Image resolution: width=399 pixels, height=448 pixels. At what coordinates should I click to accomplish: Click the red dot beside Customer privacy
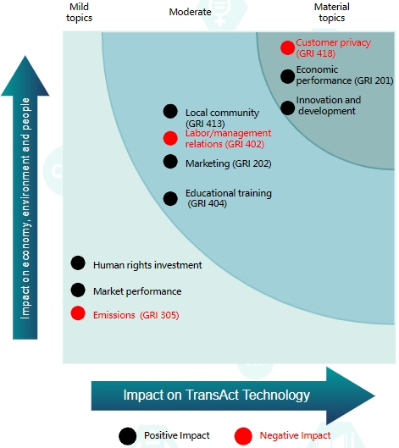287,47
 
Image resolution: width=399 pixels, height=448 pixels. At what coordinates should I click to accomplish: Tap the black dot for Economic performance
287,76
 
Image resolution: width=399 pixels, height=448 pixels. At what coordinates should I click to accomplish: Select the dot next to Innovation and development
287,108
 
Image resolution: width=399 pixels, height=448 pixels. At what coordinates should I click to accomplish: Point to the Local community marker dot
170,111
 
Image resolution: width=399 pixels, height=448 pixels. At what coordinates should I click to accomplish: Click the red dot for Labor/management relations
170,138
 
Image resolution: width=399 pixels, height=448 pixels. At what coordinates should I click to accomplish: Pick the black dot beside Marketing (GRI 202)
170,162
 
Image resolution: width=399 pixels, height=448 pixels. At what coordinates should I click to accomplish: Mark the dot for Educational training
170,198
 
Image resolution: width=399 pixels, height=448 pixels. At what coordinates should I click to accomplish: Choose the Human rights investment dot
78,263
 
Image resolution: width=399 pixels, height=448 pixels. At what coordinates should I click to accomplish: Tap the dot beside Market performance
78,290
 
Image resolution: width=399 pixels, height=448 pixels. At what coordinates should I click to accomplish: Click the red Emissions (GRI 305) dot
78,312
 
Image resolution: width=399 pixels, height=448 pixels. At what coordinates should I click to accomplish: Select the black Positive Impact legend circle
127,436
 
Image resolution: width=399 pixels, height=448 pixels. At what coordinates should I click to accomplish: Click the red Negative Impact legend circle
243,436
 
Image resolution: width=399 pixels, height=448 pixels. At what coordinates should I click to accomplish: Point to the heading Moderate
190,12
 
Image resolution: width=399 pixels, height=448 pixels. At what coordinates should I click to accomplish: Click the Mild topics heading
79,13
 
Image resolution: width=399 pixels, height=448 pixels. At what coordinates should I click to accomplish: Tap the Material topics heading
332,13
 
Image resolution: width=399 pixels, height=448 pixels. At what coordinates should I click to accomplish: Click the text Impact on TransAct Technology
217,395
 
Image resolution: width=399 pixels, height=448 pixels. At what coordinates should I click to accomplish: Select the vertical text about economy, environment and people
25,208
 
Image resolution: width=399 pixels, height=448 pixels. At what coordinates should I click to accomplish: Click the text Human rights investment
147,265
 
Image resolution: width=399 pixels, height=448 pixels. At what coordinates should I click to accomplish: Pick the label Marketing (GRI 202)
229,163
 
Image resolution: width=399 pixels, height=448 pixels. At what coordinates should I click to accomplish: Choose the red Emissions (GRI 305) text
136,315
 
